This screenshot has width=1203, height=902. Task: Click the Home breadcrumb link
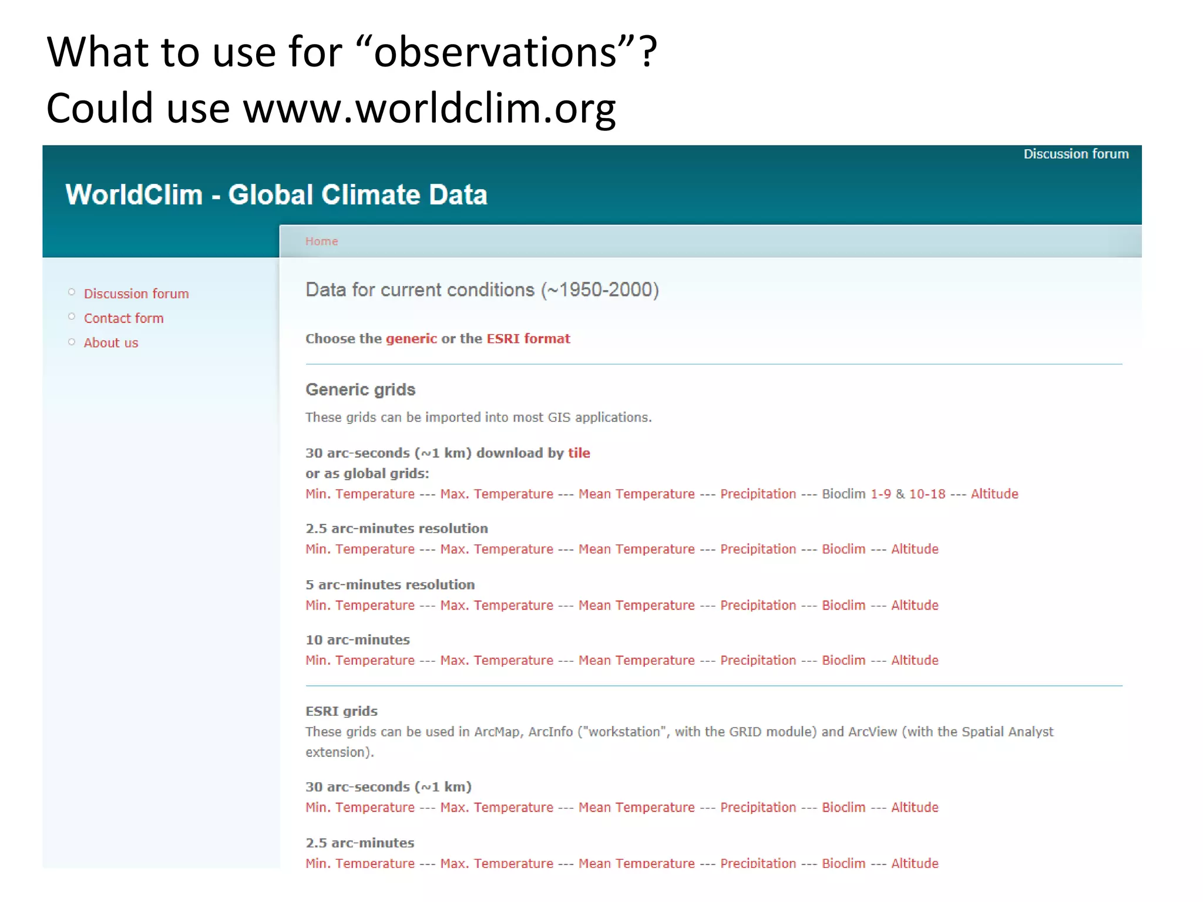pos(321,241)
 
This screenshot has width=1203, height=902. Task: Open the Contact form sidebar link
pos(123,318)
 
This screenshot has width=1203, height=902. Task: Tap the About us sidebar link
pos(110,343)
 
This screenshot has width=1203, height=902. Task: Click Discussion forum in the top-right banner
pos(1076,154)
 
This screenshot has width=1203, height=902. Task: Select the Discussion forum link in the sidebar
pos(136,294)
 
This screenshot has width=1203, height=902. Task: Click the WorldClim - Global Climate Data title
pos(276,195)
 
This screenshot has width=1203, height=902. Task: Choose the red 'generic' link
pos(411,339)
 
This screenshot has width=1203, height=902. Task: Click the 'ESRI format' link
pos(528,339)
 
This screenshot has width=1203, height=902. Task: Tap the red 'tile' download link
pos(579,453)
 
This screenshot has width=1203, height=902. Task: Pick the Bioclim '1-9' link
pos(881,494)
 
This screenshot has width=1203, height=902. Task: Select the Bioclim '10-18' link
pos(927,494)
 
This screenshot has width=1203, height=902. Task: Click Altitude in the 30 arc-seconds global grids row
pos(994,494)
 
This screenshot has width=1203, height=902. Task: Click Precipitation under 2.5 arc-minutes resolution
pos(758,549)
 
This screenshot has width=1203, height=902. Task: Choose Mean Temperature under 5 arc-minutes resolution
pos(636,605)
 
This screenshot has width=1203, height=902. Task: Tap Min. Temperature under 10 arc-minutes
pos(359,661)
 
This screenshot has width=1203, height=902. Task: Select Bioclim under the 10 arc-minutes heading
pos(844,661)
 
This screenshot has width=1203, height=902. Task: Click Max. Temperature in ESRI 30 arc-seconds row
pos(496,807)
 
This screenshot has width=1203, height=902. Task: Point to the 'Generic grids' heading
pos(360,389)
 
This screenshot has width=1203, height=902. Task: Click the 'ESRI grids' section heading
pos(341,711)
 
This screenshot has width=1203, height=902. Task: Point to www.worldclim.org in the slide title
pos(429,109)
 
